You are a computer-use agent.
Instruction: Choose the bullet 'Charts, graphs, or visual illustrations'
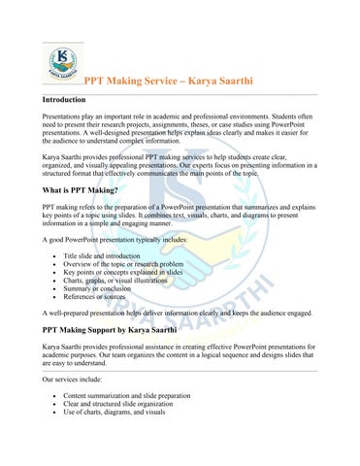click(x=122, y=283)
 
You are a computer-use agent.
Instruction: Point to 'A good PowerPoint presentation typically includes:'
click(x=117, y=238)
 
